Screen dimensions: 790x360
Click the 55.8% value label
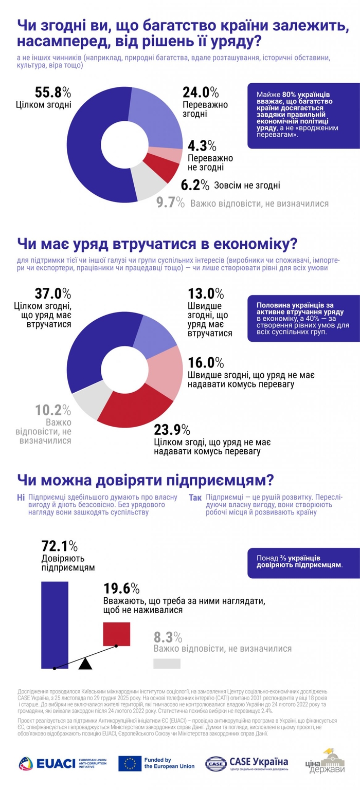pos(53,93)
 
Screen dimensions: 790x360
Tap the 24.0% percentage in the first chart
pos(201,93)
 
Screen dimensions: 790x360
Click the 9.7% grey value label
pos(170,203)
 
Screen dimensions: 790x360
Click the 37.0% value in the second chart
pos(52,293)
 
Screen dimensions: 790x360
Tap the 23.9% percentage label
pos(173,429)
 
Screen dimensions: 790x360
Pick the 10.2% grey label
pos(52,410)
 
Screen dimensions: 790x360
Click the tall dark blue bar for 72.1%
pos(55,624)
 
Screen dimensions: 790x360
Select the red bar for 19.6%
pos(117,633)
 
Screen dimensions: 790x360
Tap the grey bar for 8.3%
pos(167,664)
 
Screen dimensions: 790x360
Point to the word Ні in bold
pos(21,498)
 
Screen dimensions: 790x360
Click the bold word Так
pos(195,498)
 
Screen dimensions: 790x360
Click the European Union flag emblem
pos(130,763)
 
